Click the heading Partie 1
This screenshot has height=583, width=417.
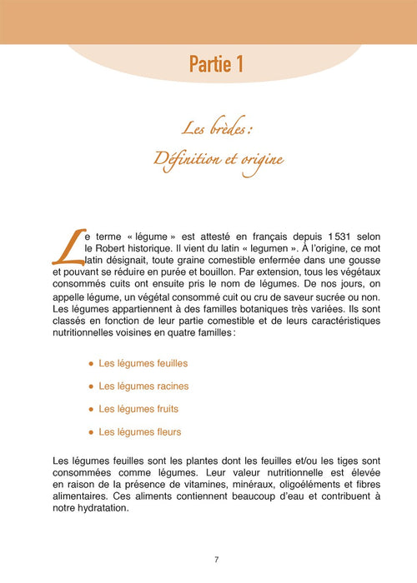(216, 64)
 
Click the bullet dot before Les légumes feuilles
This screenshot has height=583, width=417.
(90, 364)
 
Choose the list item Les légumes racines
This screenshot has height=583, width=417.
(143, 386)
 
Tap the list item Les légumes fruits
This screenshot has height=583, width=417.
(138, 409)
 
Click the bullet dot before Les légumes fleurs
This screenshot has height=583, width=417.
(90, 432)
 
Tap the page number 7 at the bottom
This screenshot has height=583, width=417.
(215, 559)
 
